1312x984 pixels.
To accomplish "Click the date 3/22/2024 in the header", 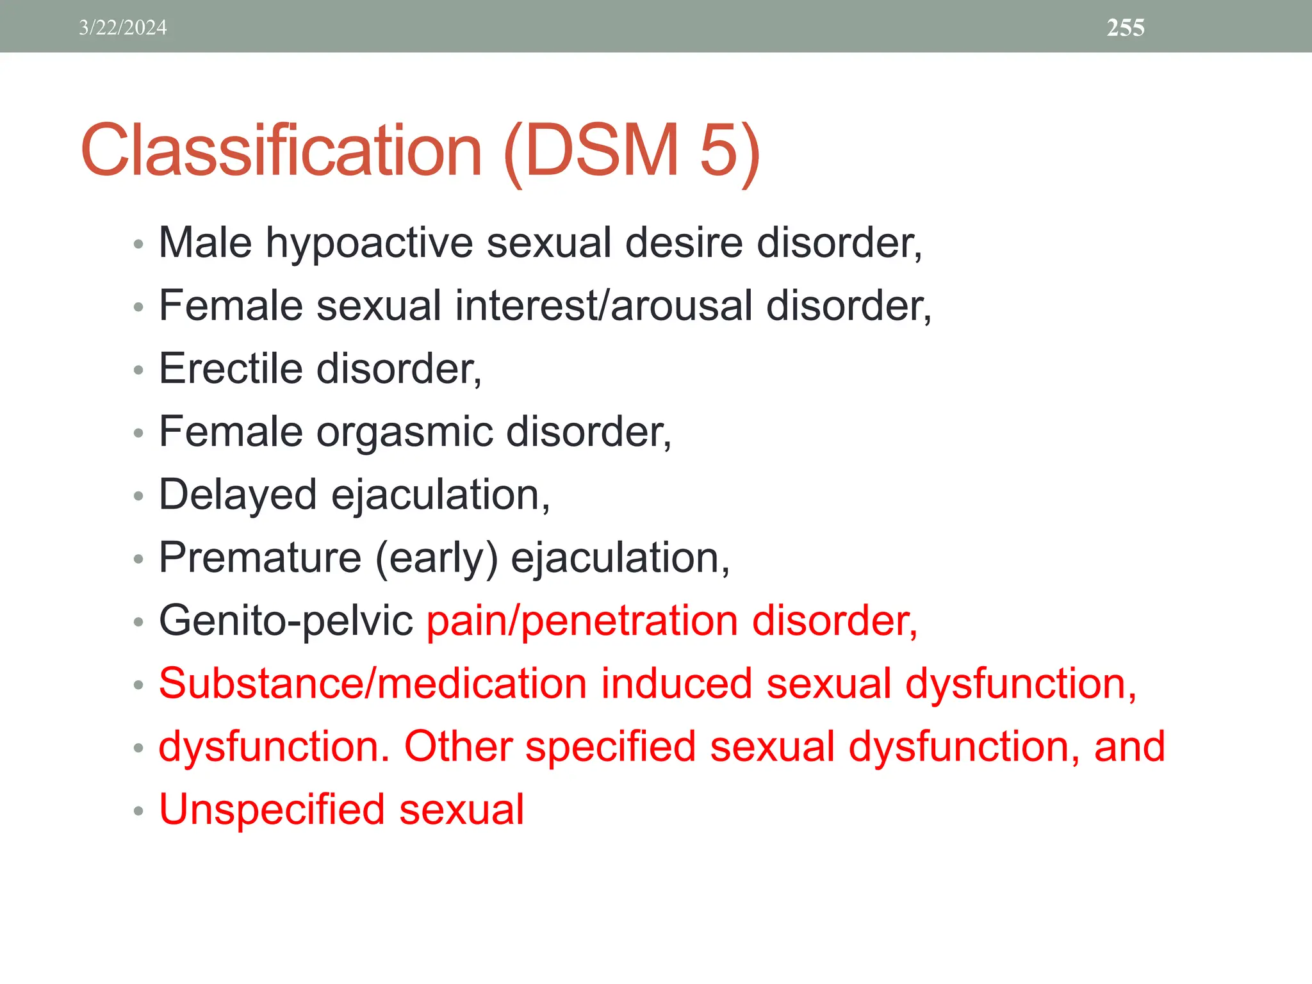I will pyautogui.click(x=122, y=28).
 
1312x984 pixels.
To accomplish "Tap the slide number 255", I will pyautogui.click(x=1126, y=28).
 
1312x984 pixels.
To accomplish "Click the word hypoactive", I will pyautogui.click(x=369, y=243).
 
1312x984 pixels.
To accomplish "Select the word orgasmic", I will pyautogui.click(x=404, y=432).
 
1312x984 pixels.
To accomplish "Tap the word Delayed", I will pyautogui.click(x=238, y=495).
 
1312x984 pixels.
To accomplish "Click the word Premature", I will pyautogui.click(x=259, y=557).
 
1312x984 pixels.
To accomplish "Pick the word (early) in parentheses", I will pyautogui.click(x=436, y=559).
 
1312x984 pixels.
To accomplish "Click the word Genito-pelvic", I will pyautogui.click(x=286, y=621).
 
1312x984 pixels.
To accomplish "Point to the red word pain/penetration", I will pyautogui.click(x=582, y=621).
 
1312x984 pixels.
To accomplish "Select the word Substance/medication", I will pyautogui.click(x=372, y=684).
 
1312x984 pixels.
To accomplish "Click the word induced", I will pyautogui.click(x=676, y=684).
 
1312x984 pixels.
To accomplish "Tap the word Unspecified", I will pyautogui.click(x=272, y=810).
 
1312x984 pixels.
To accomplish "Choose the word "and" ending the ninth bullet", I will pyautogui.click(x=1129, y=747).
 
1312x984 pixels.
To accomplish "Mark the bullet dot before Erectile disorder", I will pyautogui.click(x=138, y=370).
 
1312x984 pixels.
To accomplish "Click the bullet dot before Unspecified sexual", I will pyautogui.click(x=138, y=811).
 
